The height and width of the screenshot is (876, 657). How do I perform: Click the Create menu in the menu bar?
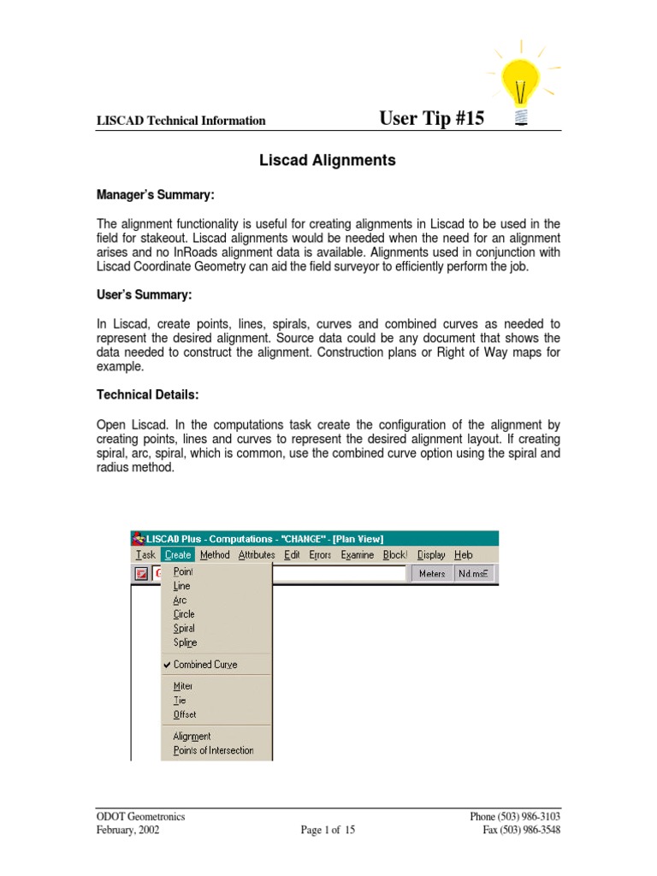point(178,554)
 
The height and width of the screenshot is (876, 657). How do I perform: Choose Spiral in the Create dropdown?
point(184,628)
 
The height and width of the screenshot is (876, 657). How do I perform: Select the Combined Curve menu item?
point(205,664)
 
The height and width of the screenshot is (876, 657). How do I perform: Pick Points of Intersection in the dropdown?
point(213,750)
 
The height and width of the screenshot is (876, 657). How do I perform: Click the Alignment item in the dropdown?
point(192,736)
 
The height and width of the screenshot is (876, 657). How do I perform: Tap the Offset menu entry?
point(184,714)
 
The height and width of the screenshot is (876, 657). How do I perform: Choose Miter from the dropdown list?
point(183,686)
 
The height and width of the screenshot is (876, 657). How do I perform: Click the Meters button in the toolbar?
point(431,573)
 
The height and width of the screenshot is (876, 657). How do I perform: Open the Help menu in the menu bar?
point(464,554)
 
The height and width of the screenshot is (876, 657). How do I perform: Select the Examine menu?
point(357,554)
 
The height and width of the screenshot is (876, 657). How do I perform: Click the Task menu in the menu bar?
point(145,554)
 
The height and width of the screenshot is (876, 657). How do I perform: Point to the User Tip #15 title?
point(431,118)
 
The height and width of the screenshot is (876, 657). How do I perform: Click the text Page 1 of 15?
point(328,830)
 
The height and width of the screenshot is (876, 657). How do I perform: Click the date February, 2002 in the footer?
point(127,830)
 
